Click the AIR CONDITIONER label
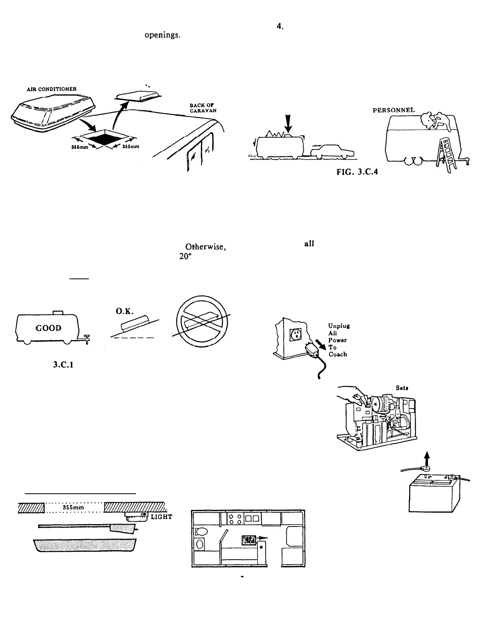[x=51, y=89]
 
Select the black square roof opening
[x=104, y=139]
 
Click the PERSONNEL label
[x=394, y=110]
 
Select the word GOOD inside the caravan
[x=49, y=328]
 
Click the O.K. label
[x=124, y=312]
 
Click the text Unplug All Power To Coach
[x=337, y=340]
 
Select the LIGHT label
[x=162, y=517]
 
